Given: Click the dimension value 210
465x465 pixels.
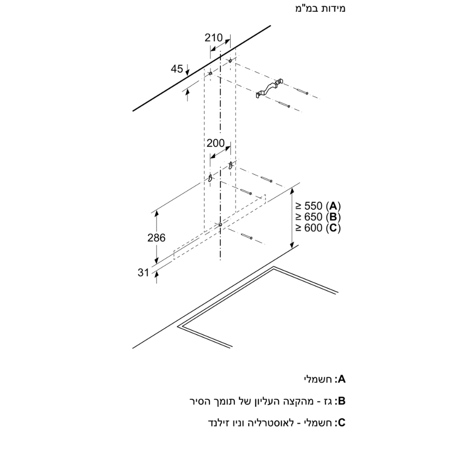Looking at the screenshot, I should tap(214, 38).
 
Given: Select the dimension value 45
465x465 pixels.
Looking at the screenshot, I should tap(177, 69).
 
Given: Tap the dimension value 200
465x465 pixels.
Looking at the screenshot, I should tap(216, 143).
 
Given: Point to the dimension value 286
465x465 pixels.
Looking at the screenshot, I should tap(156, 238).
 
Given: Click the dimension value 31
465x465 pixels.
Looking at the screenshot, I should tap(143, 273).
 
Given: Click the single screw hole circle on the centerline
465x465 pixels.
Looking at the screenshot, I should tap(220, 225).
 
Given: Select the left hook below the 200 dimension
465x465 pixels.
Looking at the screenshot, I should tap(210, 178).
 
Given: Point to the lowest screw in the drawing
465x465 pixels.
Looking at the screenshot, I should tap(246, 238).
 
